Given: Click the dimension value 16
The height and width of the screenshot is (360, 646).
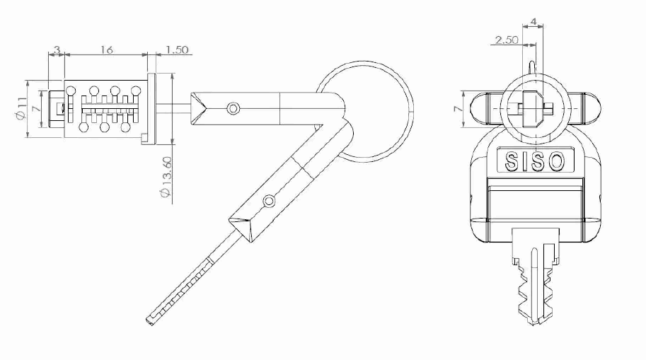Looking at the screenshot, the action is (106, 50).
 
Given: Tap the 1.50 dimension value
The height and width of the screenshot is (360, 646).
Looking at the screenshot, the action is (177, 50).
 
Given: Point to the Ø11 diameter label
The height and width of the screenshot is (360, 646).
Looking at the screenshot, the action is (21, 108).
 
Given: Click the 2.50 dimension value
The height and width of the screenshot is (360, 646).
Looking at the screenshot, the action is (507, 40).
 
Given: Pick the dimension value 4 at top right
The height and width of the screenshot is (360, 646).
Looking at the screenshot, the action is (533, 21).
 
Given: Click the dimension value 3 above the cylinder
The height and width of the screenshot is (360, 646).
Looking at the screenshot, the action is (57, 50).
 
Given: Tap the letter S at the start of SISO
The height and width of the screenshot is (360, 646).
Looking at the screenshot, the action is (512, 161).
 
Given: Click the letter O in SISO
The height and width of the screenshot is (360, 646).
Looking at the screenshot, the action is (557, 161).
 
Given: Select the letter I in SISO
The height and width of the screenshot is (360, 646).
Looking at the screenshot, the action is (524, 161).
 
